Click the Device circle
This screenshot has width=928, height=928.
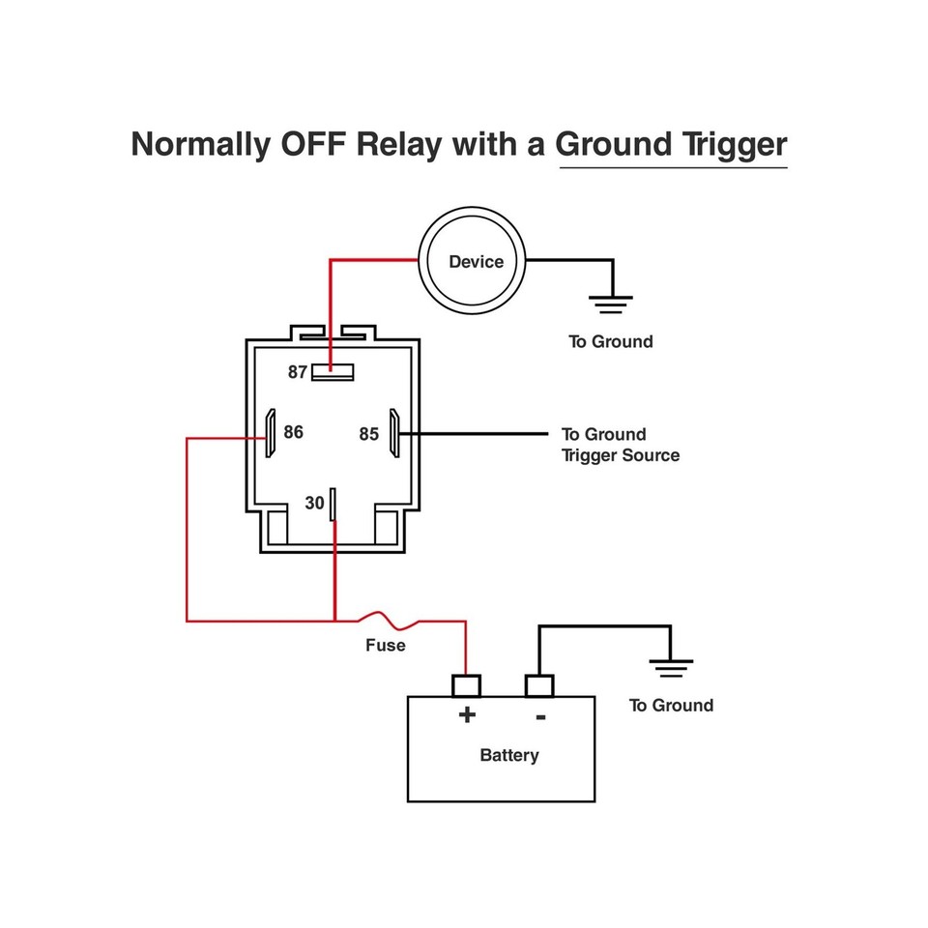click(476, 261)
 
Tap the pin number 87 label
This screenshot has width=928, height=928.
click(298, 372)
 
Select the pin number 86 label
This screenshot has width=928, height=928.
click(293, 432)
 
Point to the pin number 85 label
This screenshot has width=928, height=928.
click(369, 435)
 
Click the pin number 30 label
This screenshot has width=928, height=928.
click(314, 504)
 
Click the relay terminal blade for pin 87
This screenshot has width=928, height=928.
click(333, 371)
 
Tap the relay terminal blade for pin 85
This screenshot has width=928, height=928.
click(394, 433)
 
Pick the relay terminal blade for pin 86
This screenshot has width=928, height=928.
click(271, 433)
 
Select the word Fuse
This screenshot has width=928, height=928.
click(385, 645)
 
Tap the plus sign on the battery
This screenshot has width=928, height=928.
click(467, 715)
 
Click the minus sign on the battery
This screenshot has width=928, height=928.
click(540, 716)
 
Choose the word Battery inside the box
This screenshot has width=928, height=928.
click(508, 755)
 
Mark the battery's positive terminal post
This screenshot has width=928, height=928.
click(467, 685)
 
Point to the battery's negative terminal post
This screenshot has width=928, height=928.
click(539, 685)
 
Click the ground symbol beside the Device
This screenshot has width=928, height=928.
click(611, 304)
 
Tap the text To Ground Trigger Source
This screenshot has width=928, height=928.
click(620, 445)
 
